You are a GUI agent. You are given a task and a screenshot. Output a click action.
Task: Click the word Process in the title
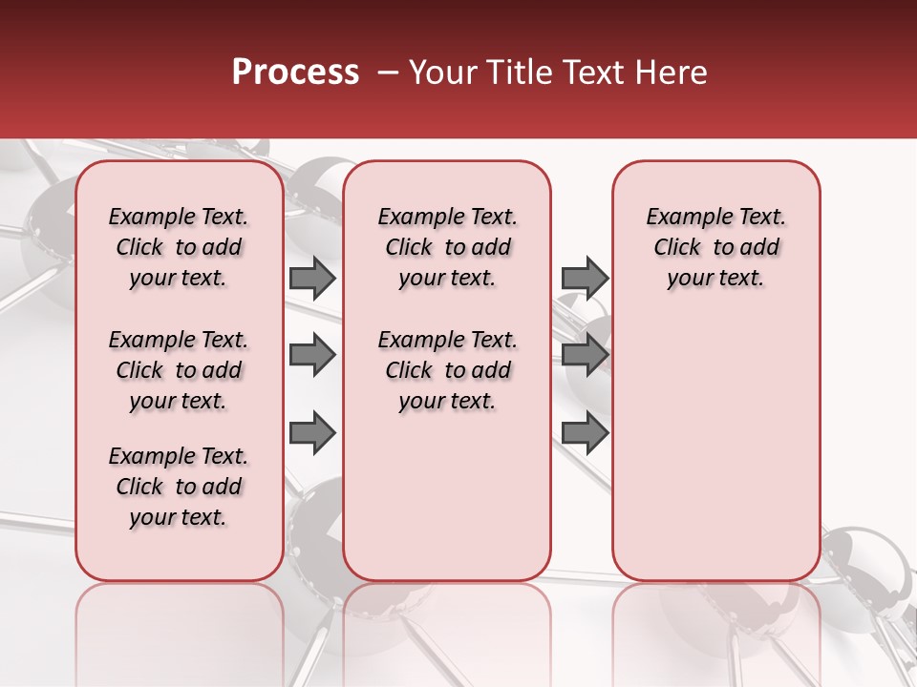pyautogui.click(x=295, y=73)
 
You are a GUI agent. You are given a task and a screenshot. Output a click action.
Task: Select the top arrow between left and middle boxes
pyautogui.click(x=312, y=279)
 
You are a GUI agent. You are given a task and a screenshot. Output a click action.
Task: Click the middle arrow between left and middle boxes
pyautogui.click(x=312, y=355)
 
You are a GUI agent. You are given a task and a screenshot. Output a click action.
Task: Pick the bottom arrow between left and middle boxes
pyautogui.click(x=312, y=432)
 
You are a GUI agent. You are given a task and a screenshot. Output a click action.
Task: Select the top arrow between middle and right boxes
pyautogui.click(x=585, y=279)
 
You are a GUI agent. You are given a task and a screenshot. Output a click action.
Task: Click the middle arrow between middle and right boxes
pyautogui.click(x=585, y=355)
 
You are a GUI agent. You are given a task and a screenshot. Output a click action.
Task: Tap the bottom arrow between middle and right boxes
pyautogui.click(x=585, y=432)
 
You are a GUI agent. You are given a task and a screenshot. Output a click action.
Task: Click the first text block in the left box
pyautogui.click(x=179, y=247)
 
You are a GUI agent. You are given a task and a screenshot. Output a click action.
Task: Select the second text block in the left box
pyautogui.click(x=179, y=370)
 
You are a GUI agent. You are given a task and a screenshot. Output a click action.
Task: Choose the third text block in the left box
pyautogui.click(x=179, y=487)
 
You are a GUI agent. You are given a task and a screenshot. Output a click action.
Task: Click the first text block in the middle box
pyautogui.click(x=447, y=247)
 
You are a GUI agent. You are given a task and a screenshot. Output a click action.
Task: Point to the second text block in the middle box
pyautogui.click(x=447, y=370)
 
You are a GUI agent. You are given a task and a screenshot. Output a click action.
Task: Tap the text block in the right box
pyautogui.click(x=715, y=247)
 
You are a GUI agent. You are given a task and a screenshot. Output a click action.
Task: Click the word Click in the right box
pyautogui.click(x=677, y=248)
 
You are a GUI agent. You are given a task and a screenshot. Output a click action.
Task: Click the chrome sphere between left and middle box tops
pyautogui.click(x=313, y=186)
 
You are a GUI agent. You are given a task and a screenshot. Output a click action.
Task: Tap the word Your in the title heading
pyautogui.click(x=439, y=73)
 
